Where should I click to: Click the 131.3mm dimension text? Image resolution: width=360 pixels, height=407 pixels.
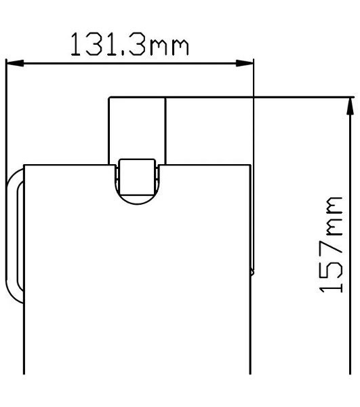129,44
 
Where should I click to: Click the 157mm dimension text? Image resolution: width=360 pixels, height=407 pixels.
331,244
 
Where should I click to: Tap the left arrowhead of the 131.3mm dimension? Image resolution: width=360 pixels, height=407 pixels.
15,63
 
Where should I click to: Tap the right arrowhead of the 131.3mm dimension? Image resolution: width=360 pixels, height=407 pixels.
244,63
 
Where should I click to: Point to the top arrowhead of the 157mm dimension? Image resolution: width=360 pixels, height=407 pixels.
350,106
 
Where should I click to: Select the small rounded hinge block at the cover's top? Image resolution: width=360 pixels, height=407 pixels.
137,177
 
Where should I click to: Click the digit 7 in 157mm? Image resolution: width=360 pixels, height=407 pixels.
331,250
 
